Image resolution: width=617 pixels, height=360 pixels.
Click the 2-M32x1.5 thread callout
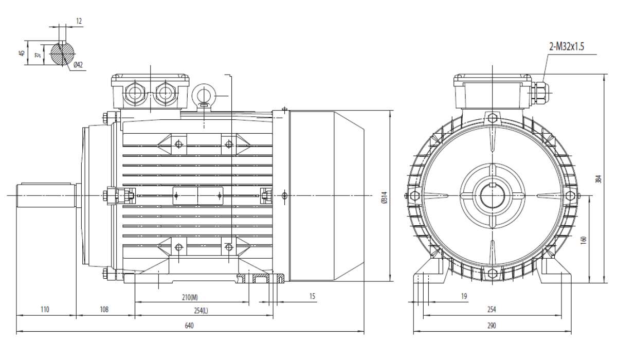coord(566,47)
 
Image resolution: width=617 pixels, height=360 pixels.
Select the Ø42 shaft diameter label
coord(78,65)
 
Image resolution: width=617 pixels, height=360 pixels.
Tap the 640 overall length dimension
coord(189,326)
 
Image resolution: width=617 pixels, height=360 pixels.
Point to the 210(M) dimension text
coord(190,297)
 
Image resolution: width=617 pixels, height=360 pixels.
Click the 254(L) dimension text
coord(201,311)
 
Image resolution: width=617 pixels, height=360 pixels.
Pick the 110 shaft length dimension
coord(45,310)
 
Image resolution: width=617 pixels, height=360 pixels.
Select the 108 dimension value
coord(104,310)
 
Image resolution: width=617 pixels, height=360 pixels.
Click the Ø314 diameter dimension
coord(384,197)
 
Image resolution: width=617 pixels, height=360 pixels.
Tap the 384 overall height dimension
coord(598,179)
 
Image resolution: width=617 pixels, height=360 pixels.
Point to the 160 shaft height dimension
coord(583,240)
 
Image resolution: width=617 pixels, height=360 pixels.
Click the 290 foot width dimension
coord(492,326)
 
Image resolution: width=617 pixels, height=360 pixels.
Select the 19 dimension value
coord(464,296)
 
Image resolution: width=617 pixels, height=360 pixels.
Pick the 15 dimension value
coord(312,296)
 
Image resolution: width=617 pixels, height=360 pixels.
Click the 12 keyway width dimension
coord(79,21)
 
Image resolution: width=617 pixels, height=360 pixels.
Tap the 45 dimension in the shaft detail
coord(22,52)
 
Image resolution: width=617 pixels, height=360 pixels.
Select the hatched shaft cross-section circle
coord(63,53)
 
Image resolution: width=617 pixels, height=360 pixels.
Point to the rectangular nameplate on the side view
coord(198,196)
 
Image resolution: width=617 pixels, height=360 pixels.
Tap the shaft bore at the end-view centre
coord(493,195)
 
